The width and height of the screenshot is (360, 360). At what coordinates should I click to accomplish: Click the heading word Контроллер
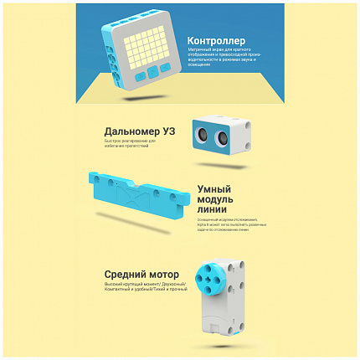[217, 41]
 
